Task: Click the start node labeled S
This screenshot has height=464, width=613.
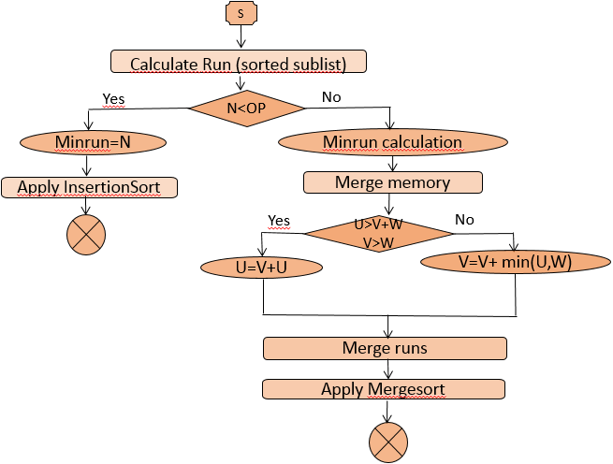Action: pyautogui.click(x=239, y=13)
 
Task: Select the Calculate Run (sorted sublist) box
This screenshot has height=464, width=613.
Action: pyautogui.click(x=239, y=62)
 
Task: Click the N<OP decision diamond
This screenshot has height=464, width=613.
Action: pyautogui.click(x=247, y=108)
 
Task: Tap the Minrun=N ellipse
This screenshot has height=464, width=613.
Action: pyautogui.click(x=93, y=142)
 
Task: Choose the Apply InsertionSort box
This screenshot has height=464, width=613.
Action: pyautogui.click(x=89, y=187)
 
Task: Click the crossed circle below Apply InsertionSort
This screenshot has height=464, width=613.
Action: pyautogui.click(x=86, y=234)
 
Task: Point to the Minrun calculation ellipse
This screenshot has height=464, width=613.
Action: pyautogui.click(x=392, y=142)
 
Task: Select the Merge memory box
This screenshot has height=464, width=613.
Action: pyautogui.click(x=392, y=182)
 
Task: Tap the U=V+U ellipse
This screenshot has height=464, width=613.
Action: pyautogui.click(x=262, y=268)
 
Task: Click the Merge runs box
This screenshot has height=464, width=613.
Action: pyautogui.click(x=385, y=348)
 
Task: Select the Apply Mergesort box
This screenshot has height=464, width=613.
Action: pyautogui.click(x=384, y=389)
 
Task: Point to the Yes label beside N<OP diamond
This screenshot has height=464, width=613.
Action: pyautogui.click(x=112, y=98)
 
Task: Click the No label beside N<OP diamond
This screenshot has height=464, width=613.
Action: pyautogui.click(x=331, y=97)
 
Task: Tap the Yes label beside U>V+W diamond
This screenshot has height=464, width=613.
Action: pyautogui.click(x=279, y=221)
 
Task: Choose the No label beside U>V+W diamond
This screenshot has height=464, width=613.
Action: pyautogui.click(x=464, y=219)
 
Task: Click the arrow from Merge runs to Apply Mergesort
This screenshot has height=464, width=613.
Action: pyautogui.click(x=385, y=369)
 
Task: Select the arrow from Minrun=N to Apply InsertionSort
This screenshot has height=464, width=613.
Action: pyautogui.click(x=87, y=165)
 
